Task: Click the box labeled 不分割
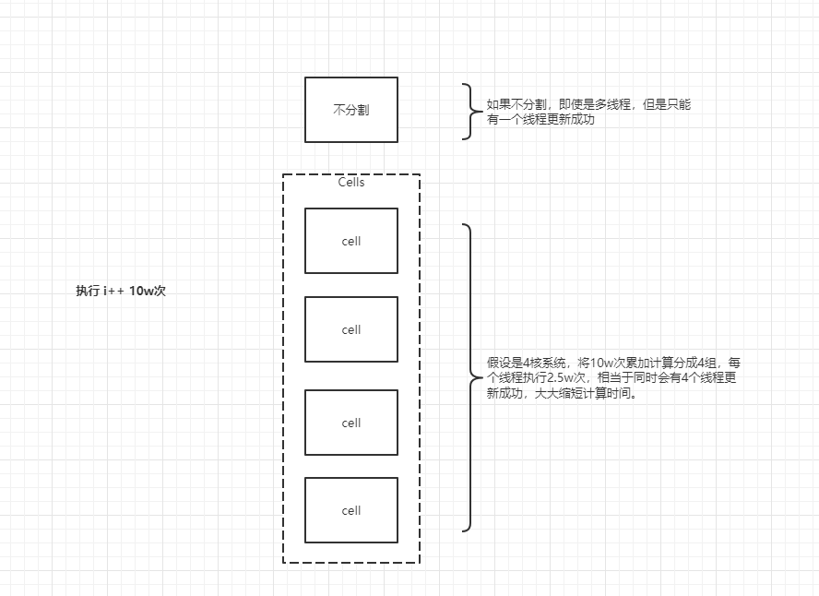point(350,110)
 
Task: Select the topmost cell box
point(350,241)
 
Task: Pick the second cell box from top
point(350,329)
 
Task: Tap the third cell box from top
point(350,423)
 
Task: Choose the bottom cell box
point(350,510)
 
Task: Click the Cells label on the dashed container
point(350,183)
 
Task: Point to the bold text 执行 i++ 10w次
point(120,291)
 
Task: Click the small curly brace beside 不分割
point(468,112)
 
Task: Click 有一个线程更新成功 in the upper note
point(540,119)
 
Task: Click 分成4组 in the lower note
point(691,363)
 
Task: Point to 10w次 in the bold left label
point(147,291)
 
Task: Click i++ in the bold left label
point(113,291)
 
